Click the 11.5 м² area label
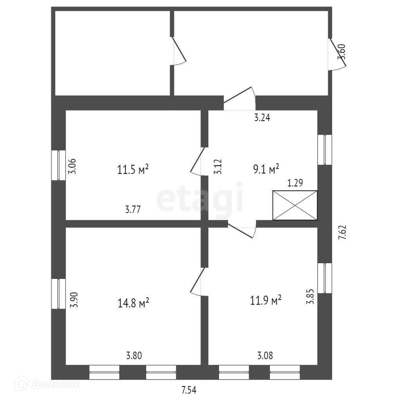coord(133,169)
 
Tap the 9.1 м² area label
coord(266,169)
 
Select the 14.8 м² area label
coord(133,303)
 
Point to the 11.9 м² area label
coord(266,300)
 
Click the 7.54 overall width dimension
coord(189,390)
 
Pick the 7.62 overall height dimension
coord(342,232)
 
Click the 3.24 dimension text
coord(262,117)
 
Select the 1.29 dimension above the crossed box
coord(295,183)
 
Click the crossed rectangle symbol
coord(295,205)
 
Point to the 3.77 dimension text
coord(133,210)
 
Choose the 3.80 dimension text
coord(134,356)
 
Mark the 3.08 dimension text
coord(265,356)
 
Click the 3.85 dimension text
coord(310,296)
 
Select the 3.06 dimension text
coord(72,166)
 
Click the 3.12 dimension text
coord(218,167)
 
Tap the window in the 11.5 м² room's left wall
coord(59,165)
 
